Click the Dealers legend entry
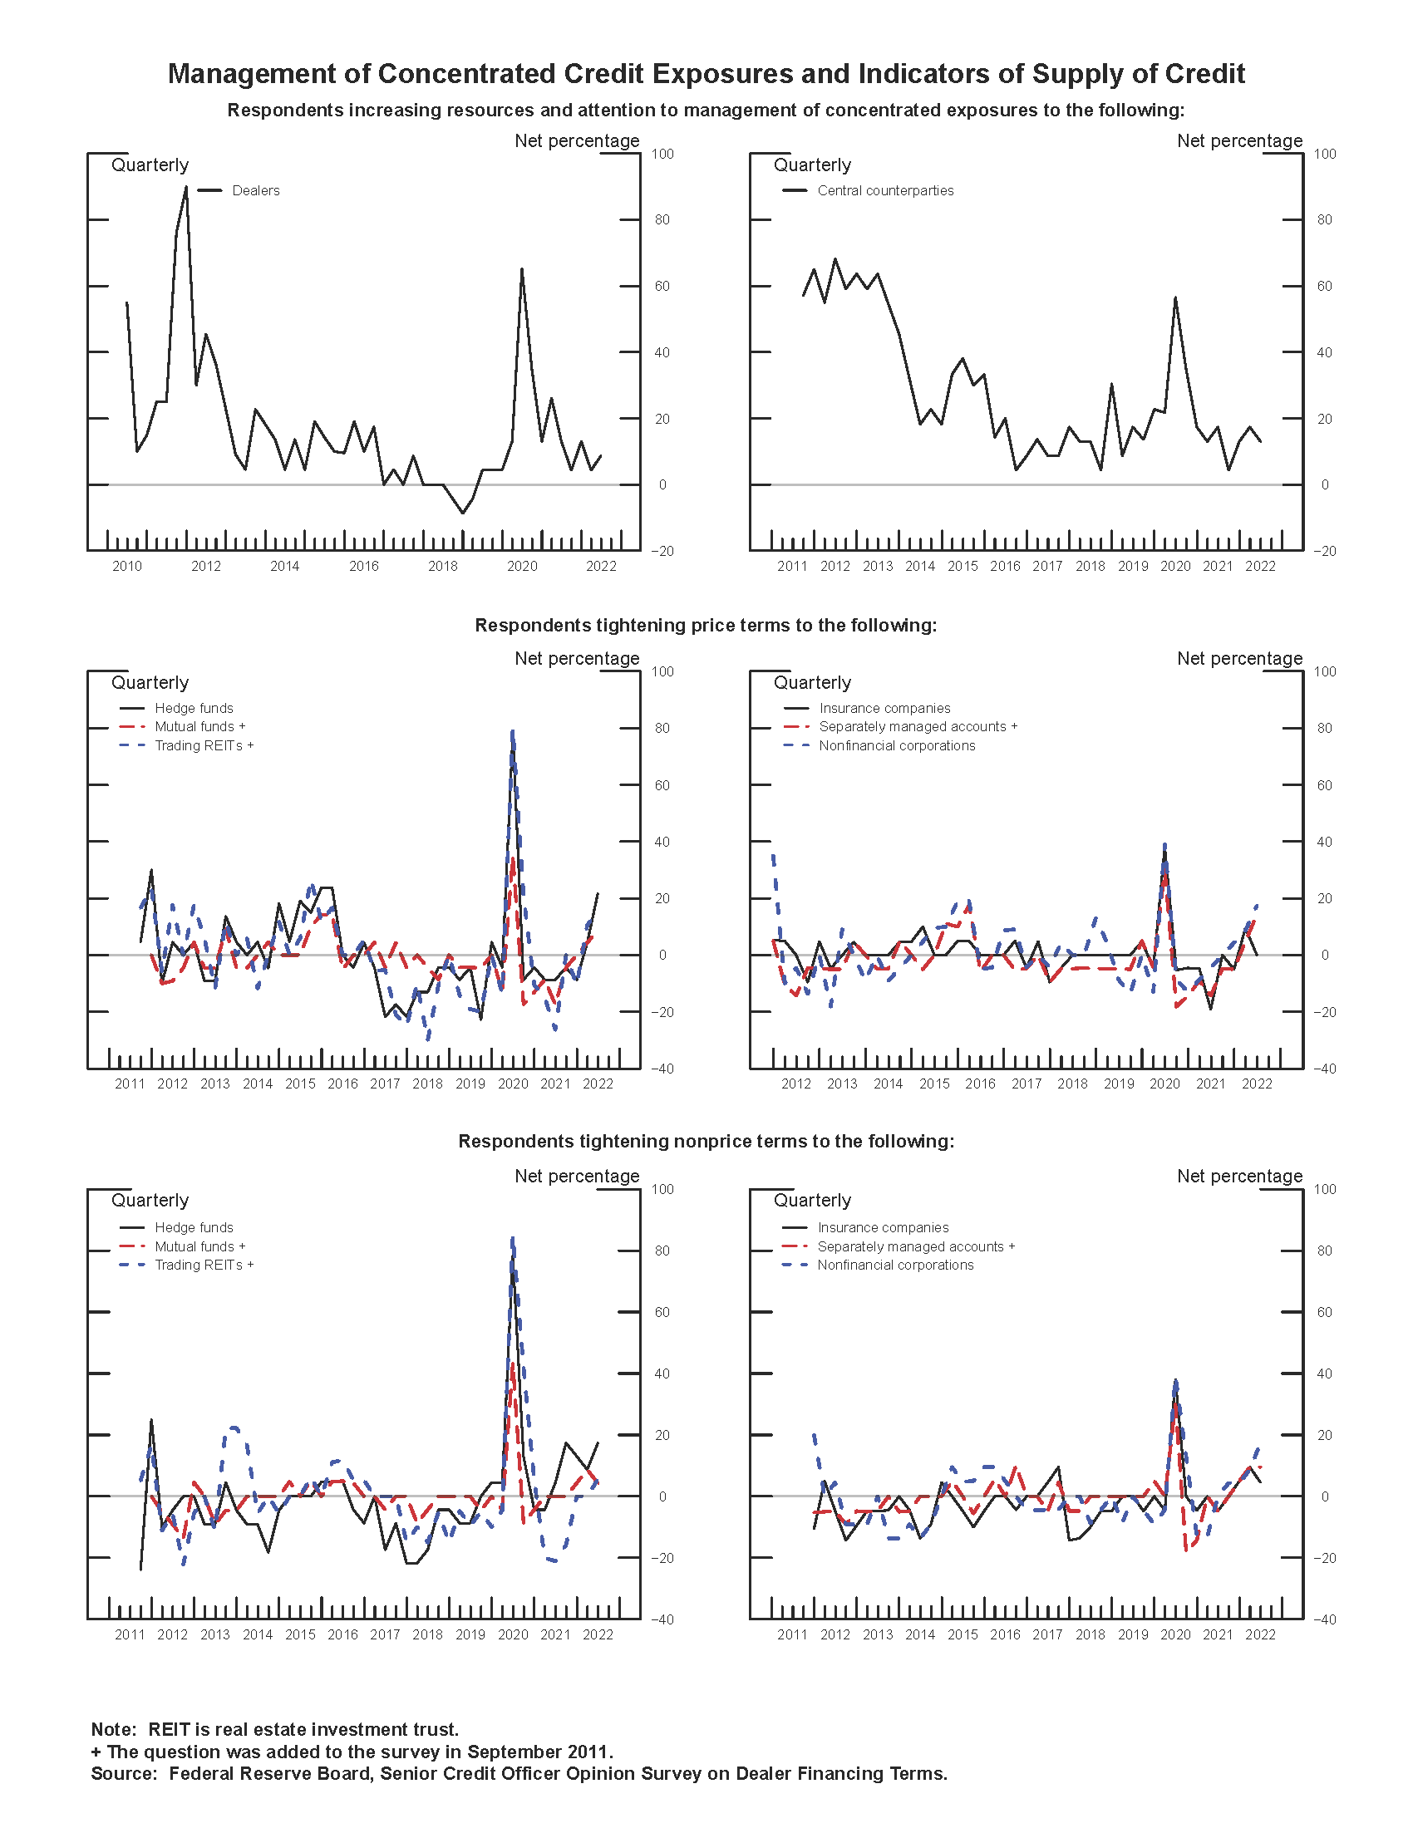click(255, 191)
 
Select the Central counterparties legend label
click(885, 191)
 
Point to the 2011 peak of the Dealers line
click(186, 188)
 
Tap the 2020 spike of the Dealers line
click(521, 269)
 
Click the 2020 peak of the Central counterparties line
click(1174, 298)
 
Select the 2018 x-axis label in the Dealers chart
click(443, 567)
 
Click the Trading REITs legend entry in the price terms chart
click(204, 746)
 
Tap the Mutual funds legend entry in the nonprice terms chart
click(199, 1246)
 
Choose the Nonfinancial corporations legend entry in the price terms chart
click(897, 746)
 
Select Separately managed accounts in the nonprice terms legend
click(915, 1246)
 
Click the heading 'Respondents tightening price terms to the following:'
click(706, 625)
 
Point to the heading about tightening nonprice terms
click(706, 1142)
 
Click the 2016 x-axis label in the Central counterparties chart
click(1005, 567)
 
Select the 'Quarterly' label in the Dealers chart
click(150, 165)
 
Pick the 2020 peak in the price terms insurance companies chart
click(1164, 847)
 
